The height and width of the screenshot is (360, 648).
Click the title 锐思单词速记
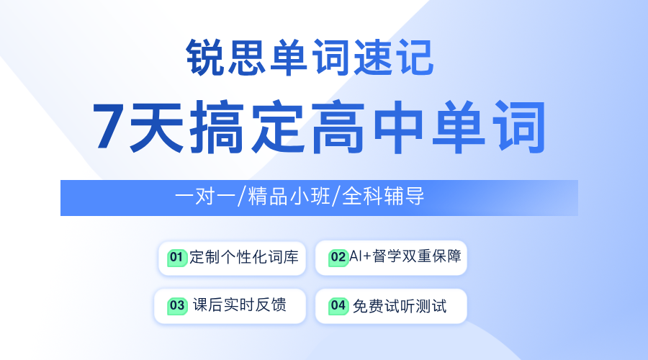pyautogui.click(x=310, y=57)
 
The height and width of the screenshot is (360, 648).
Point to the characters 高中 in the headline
pyautogui.click(x=368, y=127)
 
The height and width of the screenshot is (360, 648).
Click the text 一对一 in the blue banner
pyautogui.click(x=205, y=196)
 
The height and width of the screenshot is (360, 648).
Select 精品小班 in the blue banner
pyautogui.click(x=289, y=196)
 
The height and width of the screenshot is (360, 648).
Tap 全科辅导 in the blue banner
pyautogui.click(x=383, y=196)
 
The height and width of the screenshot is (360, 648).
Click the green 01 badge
pyautogui.click(x=177, y=258)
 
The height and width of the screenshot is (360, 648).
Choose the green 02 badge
pyautogui.click(x=338, y=258)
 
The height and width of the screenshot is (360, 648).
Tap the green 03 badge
pyautogui.click(x=177, y=306)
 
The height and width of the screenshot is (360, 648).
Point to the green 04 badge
pyautogui.click(x=338, y=306)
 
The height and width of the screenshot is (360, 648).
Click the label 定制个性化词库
pyautogui.click(x=244, y=257)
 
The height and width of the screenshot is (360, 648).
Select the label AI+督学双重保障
pyautogui.click(x=405, y=256)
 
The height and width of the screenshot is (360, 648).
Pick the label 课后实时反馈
pyautogui.click(x=240, y=305)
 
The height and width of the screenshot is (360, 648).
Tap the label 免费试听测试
pyautogui.click(x=400, y=306)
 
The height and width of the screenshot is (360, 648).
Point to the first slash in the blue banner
pyautogui.click(x=241, y=196)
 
